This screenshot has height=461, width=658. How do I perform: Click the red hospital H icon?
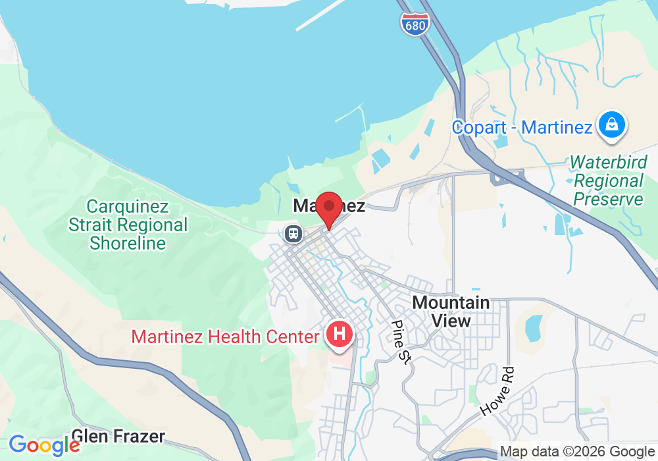(340, 334)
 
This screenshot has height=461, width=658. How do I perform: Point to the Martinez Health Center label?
(225, 337)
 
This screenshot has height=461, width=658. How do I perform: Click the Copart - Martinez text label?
(522, 127)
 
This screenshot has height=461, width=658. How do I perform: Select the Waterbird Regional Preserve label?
(607, 180)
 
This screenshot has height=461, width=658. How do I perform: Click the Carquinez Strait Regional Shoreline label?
(128, 225)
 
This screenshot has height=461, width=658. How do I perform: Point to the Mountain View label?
(451, 312)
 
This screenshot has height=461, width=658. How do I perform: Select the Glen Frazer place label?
(118, 436)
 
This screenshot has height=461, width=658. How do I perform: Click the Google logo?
(44, 445)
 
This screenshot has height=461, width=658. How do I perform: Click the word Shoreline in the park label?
(128, 243)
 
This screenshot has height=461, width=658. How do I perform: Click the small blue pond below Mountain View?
(534, 327)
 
